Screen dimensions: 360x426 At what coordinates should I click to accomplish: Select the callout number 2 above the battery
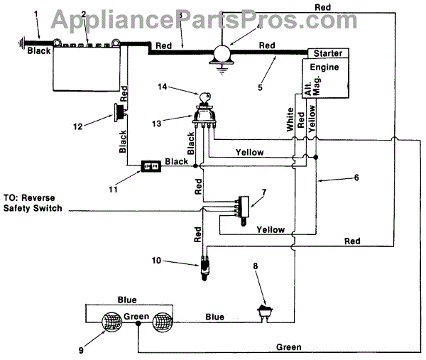point(84,15)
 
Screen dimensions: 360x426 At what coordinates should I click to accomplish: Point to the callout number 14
point(163,87)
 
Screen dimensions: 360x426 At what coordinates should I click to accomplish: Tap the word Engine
point(325,67)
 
